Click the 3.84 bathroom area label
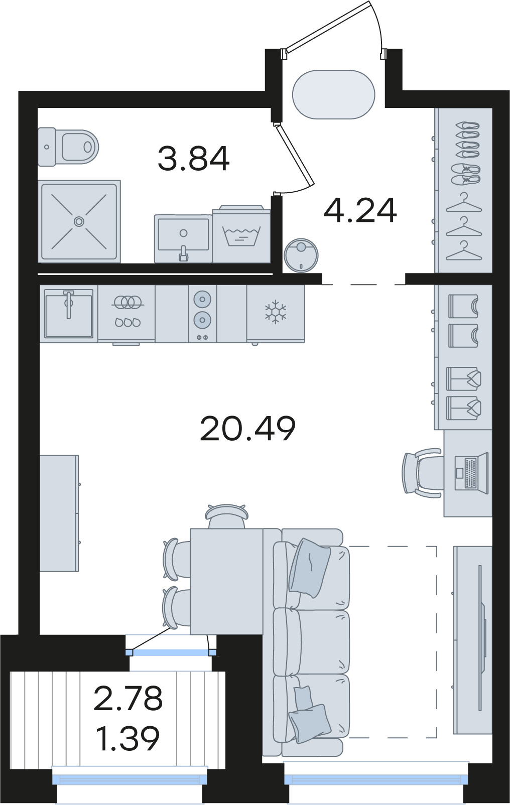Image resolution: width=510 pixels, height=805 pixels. (193, 158)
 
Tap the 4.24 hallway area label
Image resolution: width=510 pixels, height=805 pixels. (360, 210)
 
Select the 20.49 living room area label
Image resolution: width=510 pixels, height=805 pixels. (247, 428)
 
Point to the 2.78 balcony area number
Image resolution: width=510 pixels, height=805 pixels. (129, 698)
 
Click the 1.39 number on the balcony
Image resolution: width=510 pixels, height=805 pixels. (129, 738)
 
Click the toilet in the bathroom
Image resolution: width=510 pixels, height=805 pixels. (68, 147)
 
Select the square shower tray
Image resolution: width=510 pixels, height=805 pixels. (79, 221)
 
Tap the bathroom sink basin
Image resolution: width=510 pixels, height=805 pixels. (183, 238)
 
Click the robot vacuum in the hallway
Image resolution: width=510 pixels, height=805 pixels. (301, 255)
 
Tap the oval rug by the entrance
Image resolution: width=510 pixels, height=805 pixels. (333, 94)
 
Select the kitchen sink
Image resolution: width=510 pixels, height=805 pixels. (69, 313)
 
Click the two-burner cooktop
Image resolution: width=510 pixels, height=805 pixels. (202, 313)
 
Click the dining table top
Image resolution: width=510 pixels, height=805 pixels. (227, 581)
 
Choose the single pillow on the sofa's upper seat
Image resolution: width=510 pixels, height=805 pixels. (309, 568)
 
